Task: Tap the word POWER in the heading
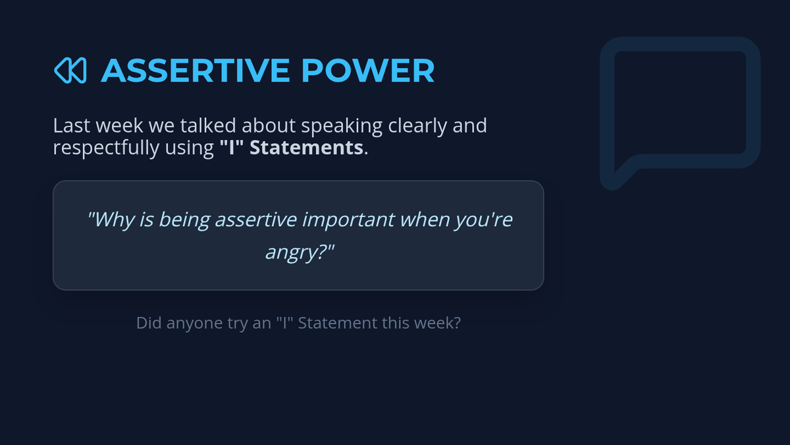click(x=368, y=71)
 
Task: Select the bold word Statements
click(x=306, y=147)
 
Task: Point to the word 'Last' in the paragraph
click(x=72, y=125)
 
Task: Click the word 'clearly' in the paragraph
click(x=417, y=127)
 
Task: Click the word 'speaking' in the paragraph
click(x=342, y=127)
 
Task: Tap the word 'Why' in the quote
click(x=111, y=220)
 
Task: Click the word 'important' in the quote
click(x=348, y=220)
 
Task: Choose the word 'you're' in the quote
click(x=483, y=220)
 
